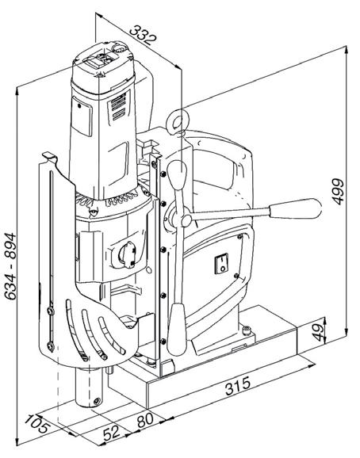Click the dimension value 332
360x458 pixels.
(x=143, y=36)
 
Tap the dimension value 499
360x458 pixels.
(x=338, y=191)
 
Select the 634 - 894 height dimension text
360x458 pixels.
(x=11, y=266)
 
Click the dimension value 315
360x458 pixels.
(x=238, y=386)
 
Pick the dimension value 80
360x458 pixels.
(x=145, y=420)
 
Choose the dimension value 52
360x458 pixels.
(x=112, y=433)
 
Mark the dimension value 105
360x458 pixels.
(x=36, y=424)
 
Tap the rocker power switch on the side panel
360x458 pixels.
(x=222, y=264)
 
